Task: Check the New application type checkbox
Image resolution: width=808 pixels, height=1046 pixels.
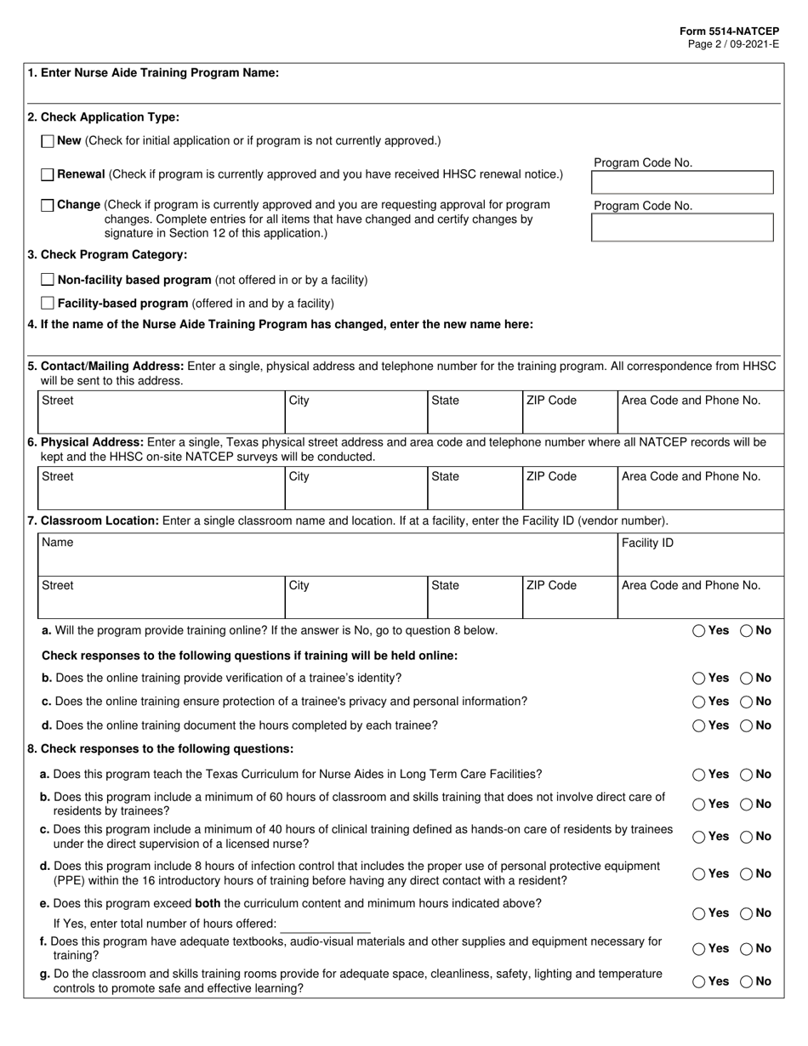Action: click(x=48, y=141)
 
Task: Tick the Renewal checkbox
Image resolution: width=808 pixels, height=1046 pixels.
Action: click(x=48, y=174)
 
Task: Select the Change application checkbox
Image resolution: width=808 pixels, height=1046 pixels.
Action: click(x=48, y=205)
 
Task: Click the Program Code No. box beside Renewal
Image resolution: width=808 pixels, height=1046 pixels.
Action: click(x=682, y=182)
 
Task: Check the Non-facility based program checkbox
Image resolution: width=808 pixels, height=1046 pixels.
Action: click(x=48, y=280)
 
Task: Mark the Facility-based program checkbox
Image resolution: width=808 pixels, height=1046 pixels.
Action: click(x=48, y=303)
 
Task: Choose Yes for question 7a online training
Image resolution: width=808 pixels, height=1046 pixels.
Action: click(x=698, y=631)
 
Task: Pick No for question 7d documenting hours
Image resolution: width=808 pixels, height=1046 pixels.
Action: click(x=746, y=725)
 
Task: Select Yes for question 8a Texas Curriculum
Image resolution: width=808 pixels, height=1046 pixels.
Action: click(x=698, y=775)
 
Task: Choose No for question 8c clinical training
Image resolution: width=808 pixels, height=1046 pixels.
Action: click(x=746, y=837)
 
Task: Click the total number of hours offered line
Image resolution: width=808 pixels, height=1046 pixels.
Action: click(x=325, y=924)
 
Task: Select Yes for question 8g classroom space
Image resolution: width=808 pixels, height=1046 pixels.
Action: click(x=698, y=981)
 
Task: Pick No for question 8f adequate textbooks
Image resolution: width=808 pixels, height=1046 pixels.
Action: click(x=746, y=948)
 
